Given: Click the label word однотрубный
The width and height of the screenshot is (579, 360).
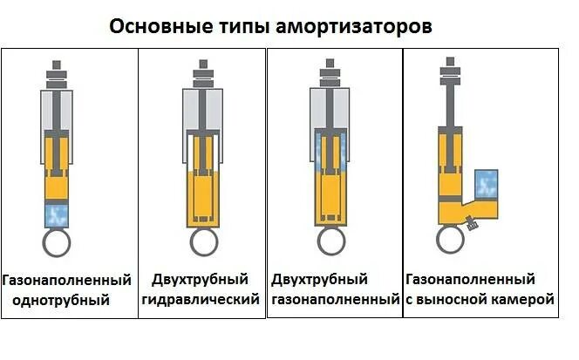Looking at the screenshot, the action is pos(61,301).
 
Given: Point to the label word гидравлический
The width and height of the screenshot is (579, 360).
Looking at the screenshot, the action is pos(201,301).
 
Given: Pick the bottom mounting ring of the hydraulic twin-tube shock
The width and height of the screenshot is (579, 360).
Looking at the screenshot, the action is pos(202,242).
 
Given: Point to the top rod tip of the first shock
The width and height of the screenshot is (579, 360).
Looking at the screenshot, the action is pos(58,65).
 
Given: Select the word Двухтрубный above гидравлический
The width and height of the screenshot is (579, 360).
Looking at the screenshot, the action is pos(201,280).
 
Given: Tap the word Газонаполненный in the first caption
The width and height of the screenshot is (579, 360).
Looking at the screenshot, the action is pos(67,280).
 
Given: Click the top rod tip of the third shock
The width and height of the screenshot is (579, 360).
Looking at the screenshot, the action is pos(330,65).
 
